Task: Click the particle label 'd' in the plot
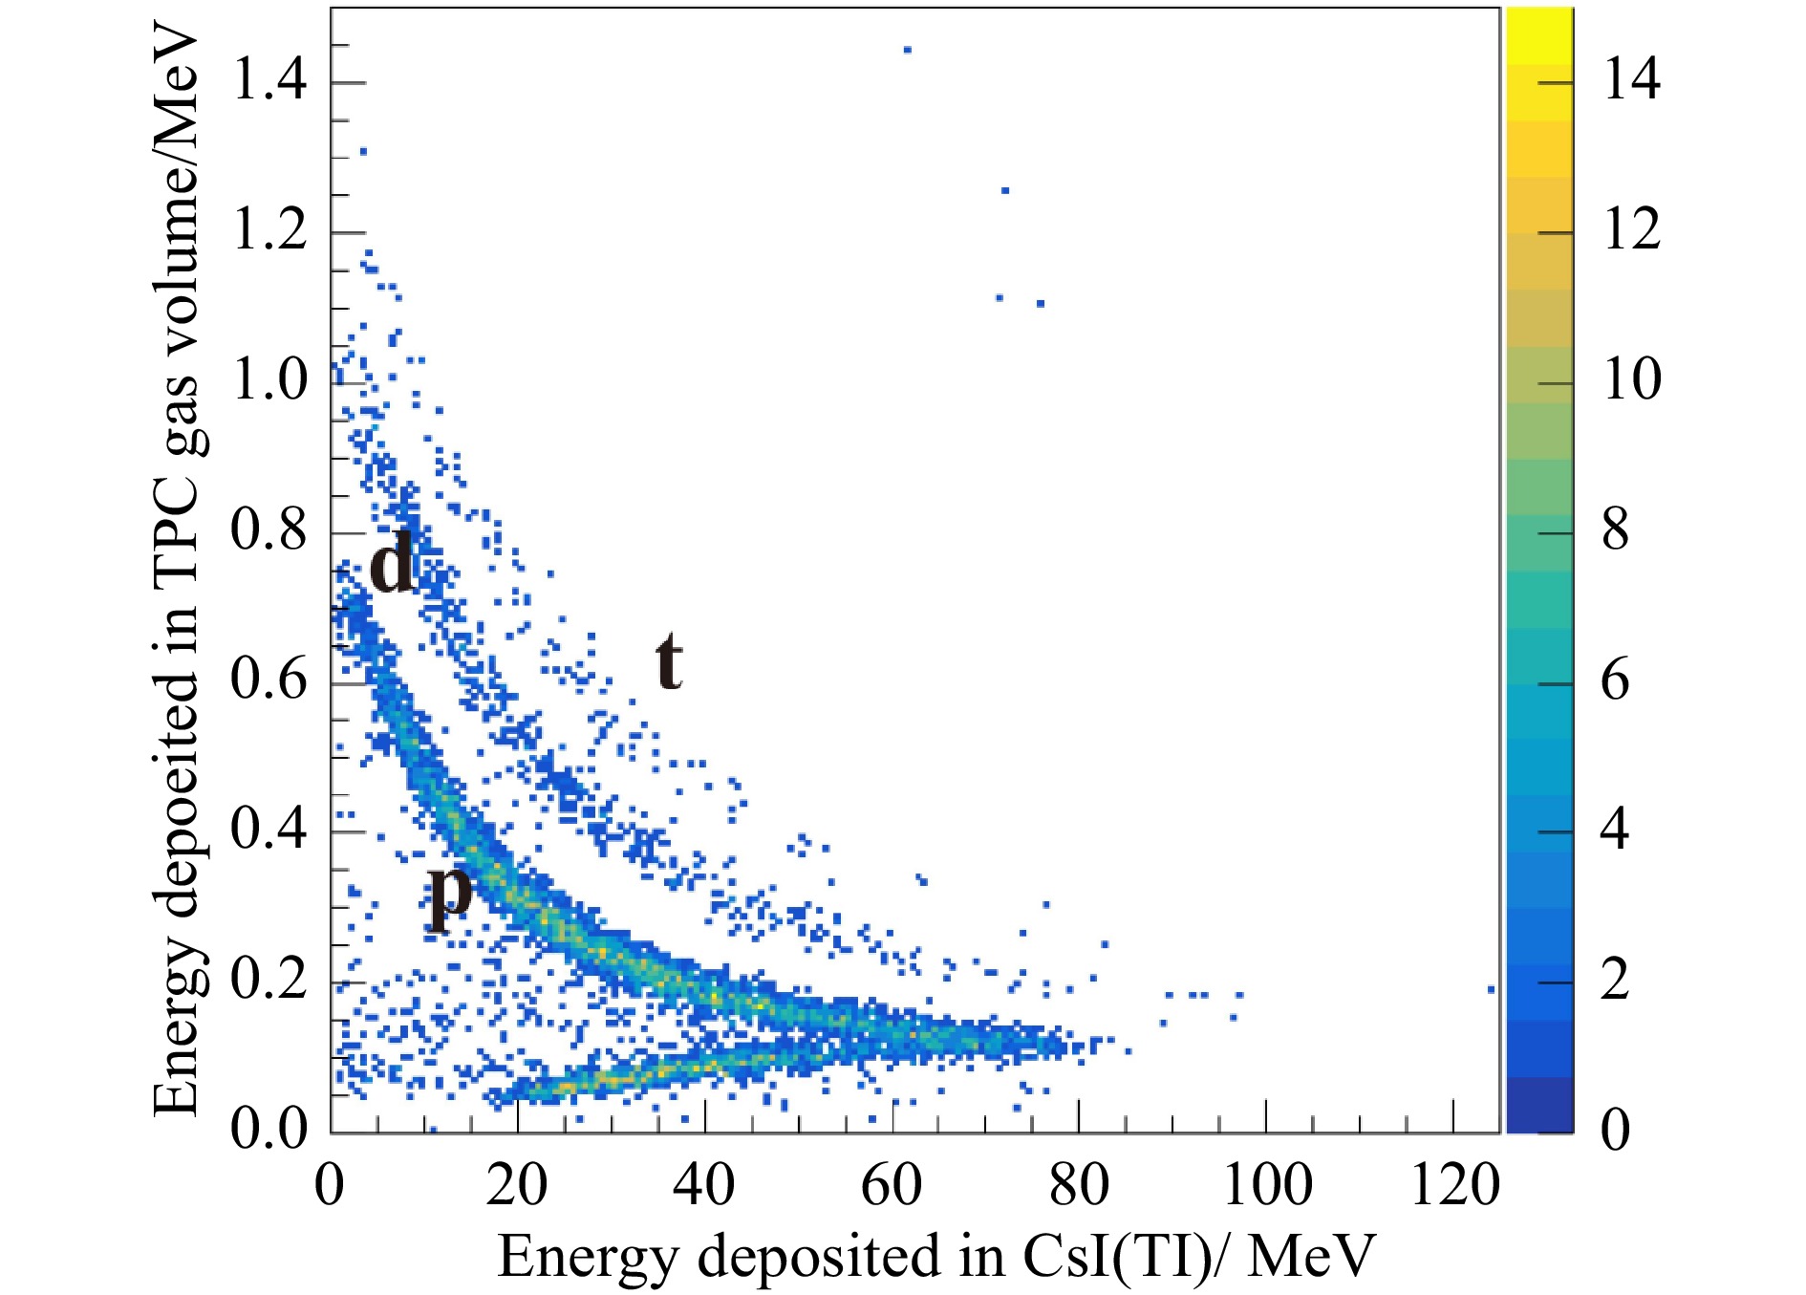(x=392, y=562)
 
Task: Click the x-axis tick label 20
(x=516, y=1186)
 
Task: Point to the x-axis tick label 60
(x=892, y=1186)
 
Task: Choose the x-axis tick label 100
(x=1267, y=1186)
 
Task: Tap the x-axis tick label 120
(x=1454, y=1186)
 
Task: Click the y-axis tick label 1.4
(x=269, y=79)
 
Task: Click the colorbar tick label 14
(x=1632, y=79)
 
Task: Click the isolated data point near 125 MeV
(x=1491, y=989)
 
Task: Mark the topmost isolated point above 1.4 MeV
(x=907, y=50)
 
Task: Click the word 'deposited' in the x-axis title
(x=818, y=1256)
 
